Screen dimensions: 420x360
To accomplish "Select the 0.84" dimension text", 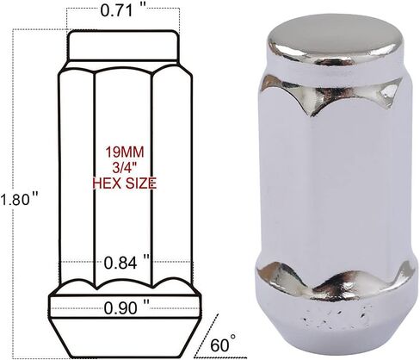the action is pos(127,263).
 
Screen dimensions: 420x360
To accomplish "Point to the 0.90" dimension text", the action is pos(127,308).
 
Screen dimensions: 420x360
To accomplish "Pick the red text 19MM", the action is pos(125,152).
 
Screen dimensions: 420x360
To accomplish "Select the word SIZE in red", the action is pos(139,183).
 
